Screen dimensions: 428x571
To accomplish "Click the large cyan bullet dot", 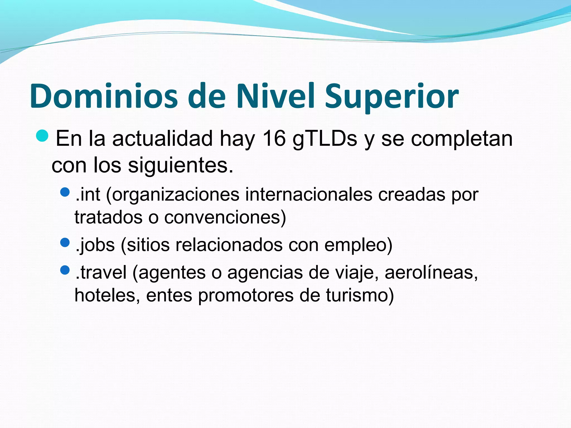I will tap(42, 136).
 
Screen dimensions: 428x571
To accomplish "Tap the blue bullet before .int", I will tap(65, 192).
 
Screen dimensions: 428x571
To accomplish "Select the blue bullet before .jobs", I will tap(65, 242).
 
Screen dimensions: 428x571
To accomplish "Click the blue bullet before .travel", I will tap(65, 270).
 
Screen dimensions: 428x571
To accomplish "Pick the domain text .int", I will tap(88, 194).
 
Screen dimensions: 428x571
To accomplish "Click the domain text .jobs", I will tap(95, 245).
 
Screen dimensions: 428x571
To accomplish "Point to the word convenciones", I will tap(223, 217).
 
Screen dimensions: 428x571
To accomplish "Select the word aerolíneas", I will tap(431, 272).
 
